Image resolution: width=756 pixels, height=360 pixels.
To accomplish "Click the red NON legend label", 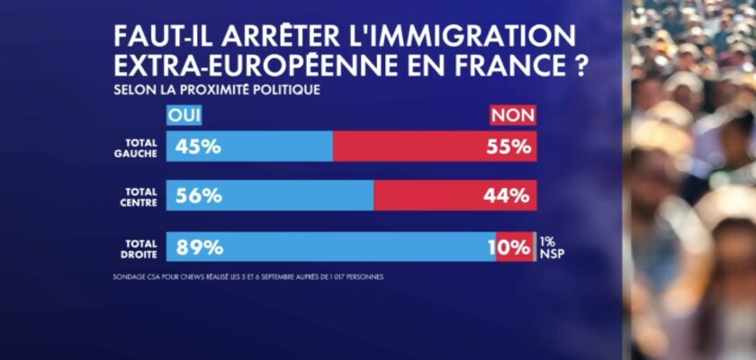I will [x=512, y=115].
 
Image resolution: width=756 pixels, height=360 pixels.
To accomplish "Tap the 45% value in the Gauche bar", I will [x=199, y=147].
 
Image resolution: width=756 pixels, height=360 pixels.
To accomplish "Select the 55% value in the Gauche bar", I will [x=509, y=147].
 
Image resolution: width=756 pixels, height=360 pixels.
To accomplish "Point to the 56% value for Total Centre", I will [x=199, y=195].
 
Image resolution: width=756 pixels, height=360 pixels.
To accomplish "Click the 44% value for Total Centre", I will [x=509, y=195].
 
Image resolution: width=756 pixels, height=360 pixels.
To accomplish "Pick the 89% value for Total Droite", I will [x=200, y=247].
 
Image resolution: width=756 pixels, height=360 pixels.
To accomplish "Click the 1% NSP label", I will [x=552, y=246].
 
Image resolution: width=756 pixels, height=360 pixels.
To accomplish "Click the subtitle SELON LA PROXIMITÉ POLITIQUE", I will [x=216, y=91].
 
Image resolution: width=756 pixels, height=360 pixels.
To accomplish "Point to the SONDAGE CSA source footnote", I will [x=243, y=277].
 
